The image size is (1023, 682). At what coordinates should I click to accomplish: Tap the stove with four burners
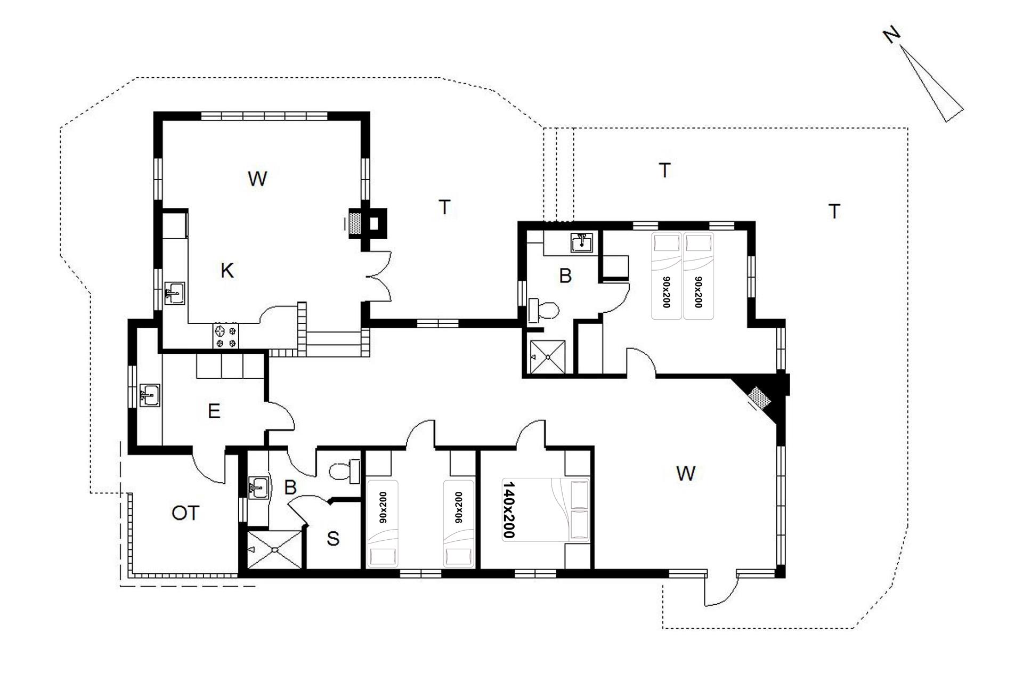tap(226, 336)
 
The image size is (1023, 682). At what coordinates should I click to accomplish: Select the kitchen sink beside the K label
tap(174, 294)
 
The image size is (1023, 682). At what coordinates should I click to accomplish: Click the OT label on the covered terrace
tap(185, 513)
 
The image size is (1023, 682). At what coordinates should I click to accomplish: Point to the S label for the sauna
tap(333, 539)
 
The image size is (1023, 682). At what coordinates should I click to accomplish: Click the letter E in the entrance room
tap(214, 411)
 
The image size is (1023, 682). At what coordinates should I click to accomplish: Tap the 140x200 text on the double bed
tap(509, 510)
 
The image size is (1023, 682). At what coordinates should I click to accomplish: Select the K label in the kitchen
tap(227, 271)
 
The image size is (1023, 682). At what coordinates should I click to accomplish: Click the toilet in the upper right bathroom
tap(543, 311)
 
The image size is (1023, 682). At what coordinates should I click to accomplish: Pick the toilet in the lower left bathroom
tap(345, 472)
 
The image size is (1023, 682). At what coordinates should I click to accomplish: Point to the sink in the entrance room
tap(150, 395)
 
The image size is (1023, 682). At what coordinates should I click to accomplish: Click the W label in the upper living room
tap(257, 178)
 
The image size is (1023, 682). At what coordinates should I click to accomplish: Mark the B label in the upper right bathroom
tap(565, 276)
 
